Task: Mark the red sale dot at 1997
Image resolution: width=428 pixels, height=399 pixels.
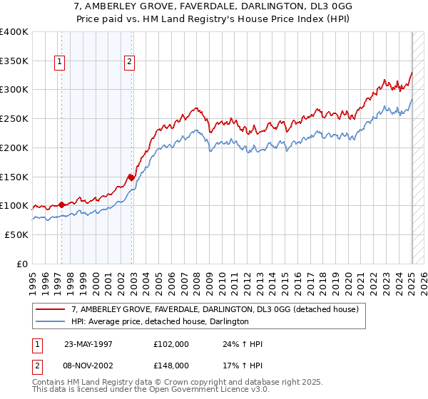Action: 62,204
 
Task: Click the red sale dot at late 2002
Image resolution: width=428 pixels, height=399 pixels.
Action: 132,177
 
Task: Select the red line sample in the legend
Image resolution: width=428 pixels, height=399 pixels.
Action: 51,309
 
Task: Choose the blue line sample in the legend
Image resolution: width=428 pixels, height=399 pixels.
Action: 51,321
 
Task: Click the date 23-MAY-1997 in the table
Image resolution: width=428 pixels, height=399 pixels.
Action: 88,344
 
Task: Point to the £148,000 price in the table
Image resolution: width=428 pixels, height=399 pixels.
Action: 170,365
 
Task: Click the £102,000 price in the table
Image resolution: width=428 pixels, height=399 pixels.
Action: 170,344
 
